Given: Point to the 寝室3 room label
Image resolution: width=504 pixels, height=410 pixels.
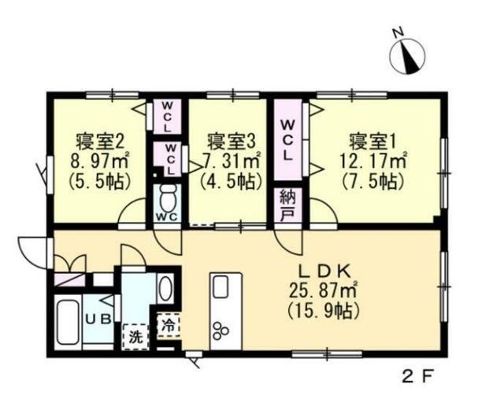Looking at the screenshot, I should tap(231, 142).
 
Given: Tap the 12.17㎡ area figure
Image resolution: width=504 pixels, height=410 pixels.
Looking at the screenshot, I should tap(373, 161).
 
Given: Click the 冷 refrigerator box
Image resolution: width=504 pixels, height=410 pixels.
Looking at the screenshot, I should tap(168, 323).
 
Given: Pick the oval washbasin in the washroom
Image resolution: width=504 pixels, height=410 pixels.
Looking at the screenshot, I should tap(165, 288).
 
